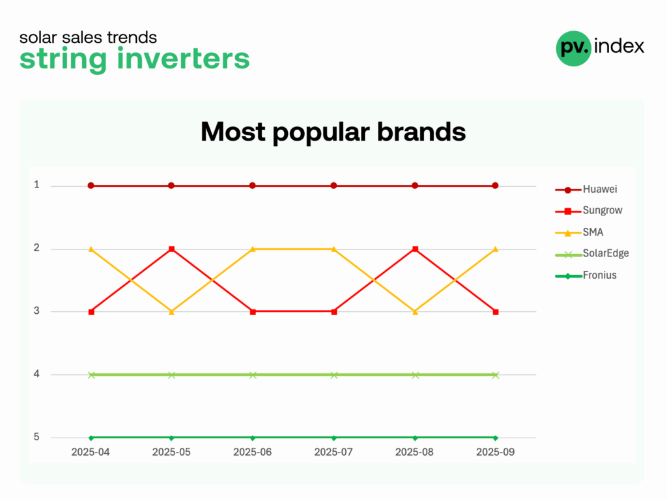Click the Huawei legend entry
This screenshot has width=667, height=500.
(586, 189)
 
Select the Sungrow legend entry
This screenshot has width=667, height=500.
(589, 210)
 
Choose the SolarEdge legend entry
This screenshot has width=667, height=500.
(592, 254)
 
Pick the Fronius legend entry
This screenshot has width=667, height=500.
(586, 275)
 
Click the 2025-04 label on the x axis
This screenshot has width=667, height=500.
(90, 452)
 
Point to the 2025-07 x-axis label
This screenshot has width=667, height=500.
(333, 452)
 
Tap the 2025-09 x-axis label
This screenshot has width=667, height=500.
(496, 452)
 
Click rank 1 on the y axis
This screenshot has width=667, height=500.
(36, 185)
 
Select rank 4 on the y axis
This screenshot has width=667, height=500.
(36, 374)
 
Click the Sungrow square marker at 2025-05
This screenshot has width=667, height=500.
(172, 249)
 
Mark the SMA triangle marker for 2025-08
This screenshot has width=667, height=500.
(415, 312)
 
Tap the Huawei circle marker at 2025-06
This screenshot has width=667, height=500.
(253, 186)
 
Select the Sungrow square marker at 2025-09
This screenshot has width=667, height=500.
(496, 312)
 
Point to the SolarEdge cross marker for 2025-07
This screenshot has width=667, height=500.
(334, 375)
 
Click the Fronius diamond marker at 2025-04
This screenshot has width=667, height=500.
(91, 438)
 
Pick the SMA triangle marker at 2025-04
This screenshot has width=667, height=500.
(91, 249)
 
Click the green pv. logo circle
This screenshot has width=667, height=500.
(574, 48)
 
